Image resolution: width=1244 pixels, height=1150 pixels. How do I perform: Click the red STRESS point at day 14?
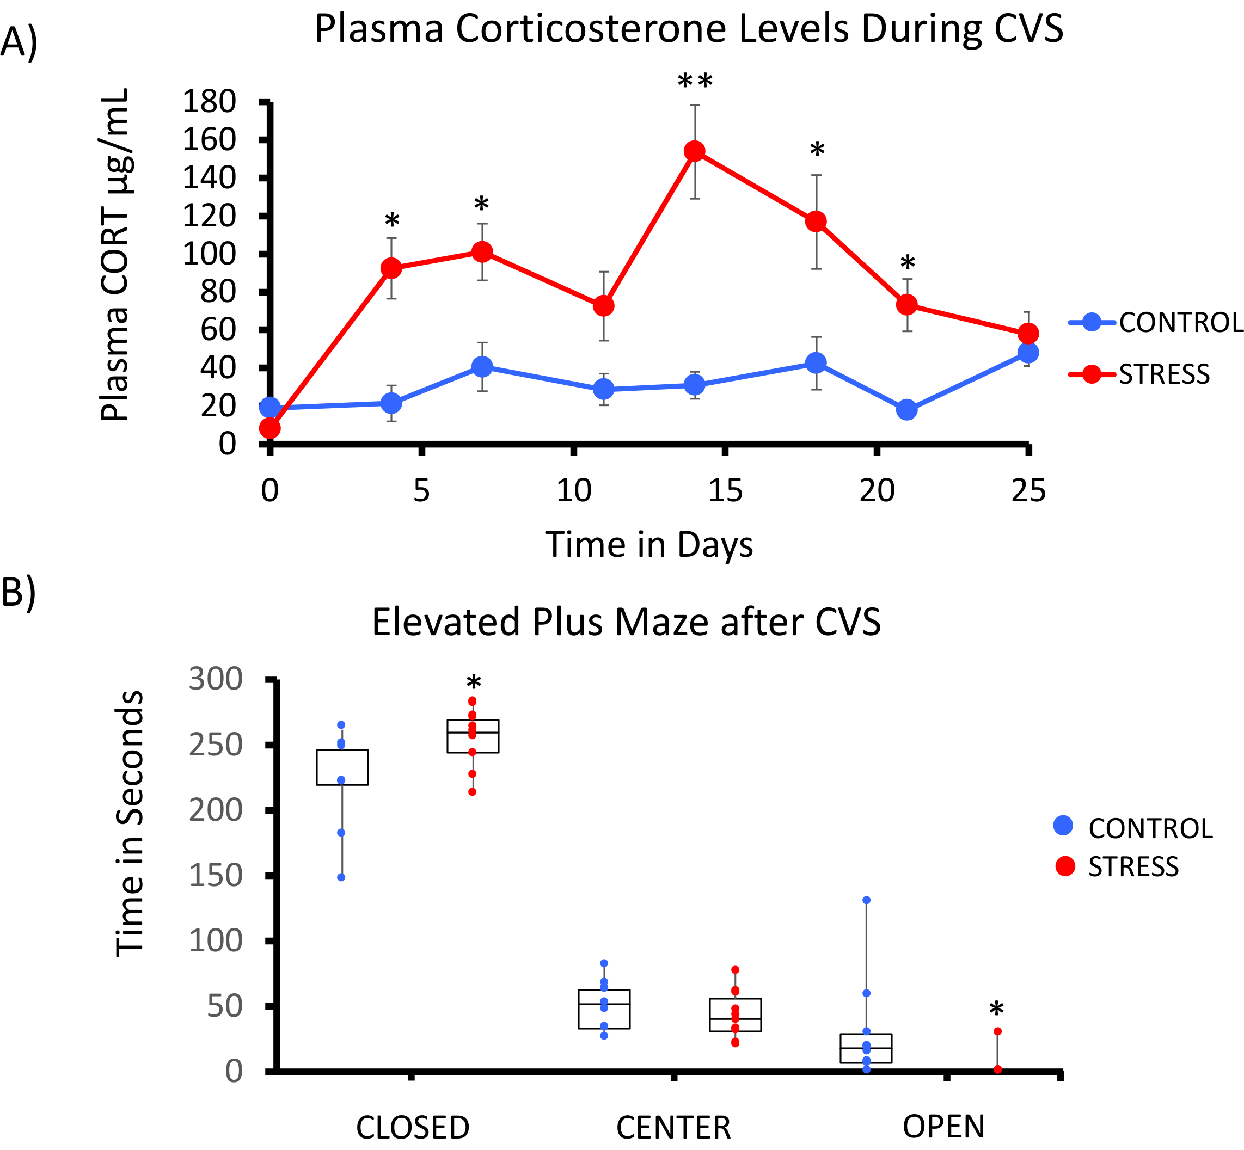pyautogui.click(x=694, y=151)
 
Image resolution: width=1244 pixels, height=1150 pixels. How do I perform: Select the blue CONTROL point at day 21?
pyautogui.click(x=907, y=409)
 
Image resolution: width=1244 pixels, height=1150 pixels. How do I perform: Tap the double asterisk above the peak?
pyautogui.click(x=695, y=81)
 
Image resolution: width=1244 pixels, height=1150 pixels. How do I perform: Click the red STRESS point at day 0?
pyautogui.click(x=269, y=428)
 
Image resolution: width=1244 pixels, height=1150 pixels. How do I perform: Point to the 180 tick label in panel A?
pyautogui.click(x=209, y=101)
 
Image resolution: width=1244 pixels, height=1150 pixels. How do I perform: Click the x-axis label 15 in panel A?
pyautogui.click(x=725, y=491)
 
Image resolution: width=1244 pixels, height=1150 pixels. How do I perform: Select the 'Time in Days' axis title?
pyautogui.click(x=649, y=544)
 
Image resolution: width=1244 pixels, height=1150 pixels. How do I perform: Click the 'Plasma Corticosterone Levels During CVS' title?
pyautogui.click(x=689, y=29)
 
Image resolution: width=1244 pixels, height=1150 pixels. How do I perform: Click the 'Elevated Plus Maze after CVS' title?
pyautogui.click(x=627, y=622)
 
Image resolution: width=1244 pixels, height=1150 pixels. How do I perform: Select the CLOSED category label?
pyautogui.click(x=413, y=1127)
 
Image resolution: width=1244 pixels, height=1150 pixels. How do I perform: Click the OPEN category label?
pyautogui.click(x=944, y=1127)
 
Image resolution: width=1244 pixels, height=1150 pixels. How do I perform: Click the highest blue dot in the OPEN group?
pyautogui.click(x=866, y=900)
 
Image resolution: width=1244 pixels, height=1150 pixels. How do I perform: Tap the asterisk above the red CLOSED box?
pyautogui.click(x=473, y=683)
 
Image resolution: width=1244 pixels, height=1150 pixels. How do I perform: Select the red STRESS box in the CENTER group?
pyautogui.click(x=736, y=1015)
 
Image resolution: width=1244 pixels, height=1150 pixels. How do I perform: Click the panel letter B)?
pyautogui.click(x=19, y=593)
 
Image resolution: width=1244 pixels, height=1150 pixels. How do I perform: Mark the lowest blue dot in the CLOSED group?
pyautogui.click(x=341, y=877)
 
